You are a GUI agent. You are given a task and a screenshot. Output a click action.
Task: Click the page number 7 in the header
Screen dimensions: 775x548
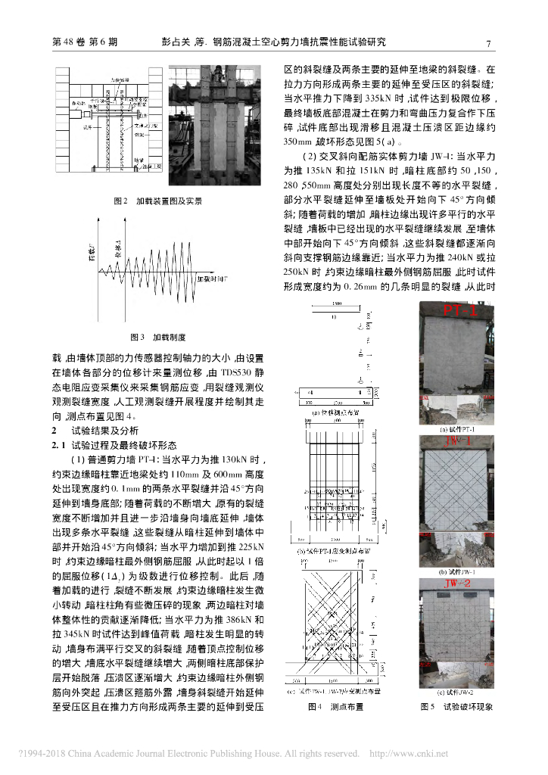click(488, 43)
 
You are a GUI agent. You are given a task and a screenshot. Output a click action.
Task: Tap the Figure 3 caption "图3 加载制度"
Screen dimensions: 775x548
click(158, 336)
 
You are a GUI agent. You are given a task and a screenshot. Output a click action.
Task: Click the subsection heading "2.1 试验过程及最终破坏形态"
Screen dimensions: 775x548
click(114, 444)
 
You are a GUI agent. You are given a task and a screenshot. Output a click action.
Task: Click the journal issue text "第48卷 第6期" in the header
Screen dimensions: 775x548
click(84, 43)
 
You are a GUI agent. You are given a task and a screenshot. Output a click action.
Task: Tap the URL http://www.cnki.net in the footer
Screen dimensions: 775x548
click(408, 754)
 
